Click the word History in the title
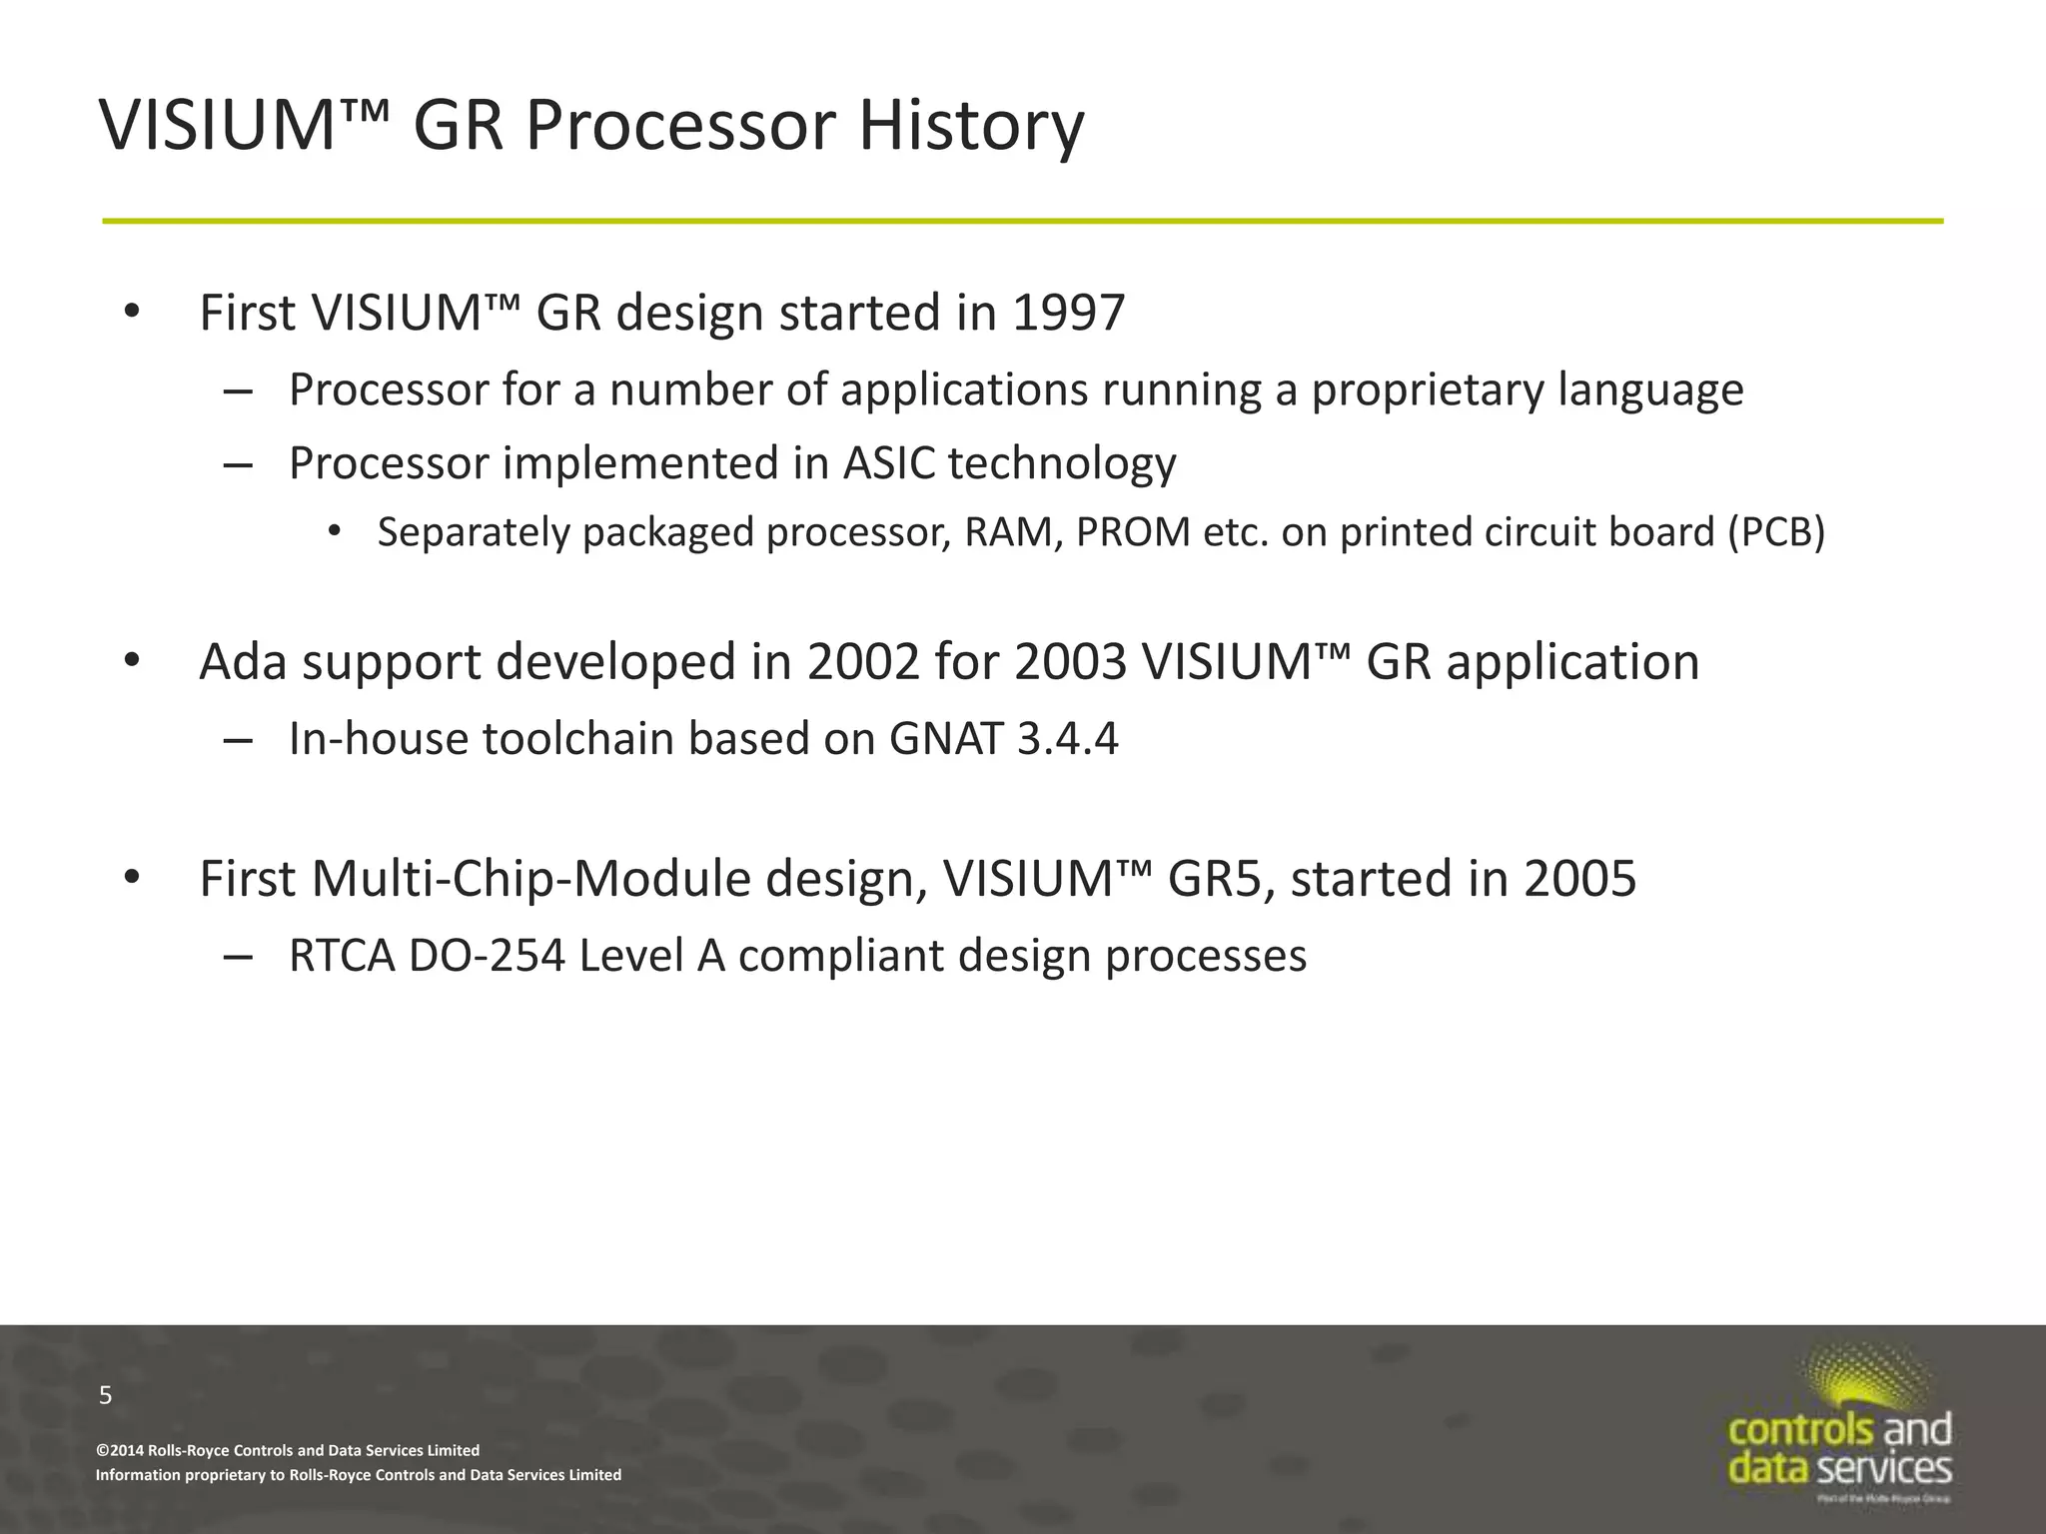pyautogui.click(x=970, y=126)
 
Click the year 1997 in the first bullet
pyautogui.click(x=1068, y=313)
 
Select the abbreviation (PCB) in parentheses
pyautogui.click(x=1776, y=532)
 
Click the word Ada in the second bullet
pyautogui.click(x=244, y=662)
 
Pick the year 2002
pyautogui.click(x=863, y=662)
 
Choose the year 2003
pyautogui.click(x=1070, y=662)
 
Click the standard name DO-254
pyautogui.click(x=487, y=956)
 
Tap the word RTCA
pyautogui.click(x=342, y=956)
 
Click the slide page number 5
pyautogui.click(x=106, y=1395)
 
